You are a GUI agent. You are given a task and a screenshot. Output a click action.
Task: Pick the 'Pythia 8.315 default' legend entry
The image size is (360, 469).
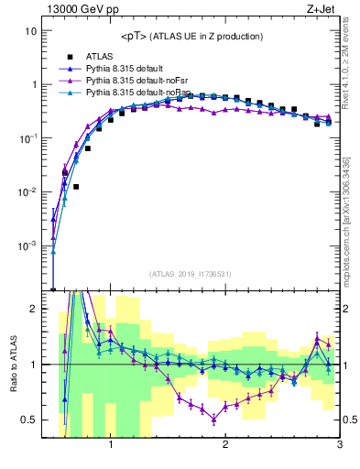[128, 69]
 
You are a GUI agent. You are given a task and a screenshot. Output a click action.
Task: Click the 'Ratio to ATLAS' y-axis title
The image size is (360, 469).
[12, 364]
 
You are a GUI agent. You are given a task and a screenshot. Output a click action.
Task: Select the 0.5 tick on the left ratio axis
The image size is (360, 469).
[29, 420]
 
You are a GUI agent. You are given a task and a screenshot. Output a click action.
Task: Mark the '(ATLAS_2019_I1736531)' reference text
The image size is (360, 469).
[191, 274]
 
